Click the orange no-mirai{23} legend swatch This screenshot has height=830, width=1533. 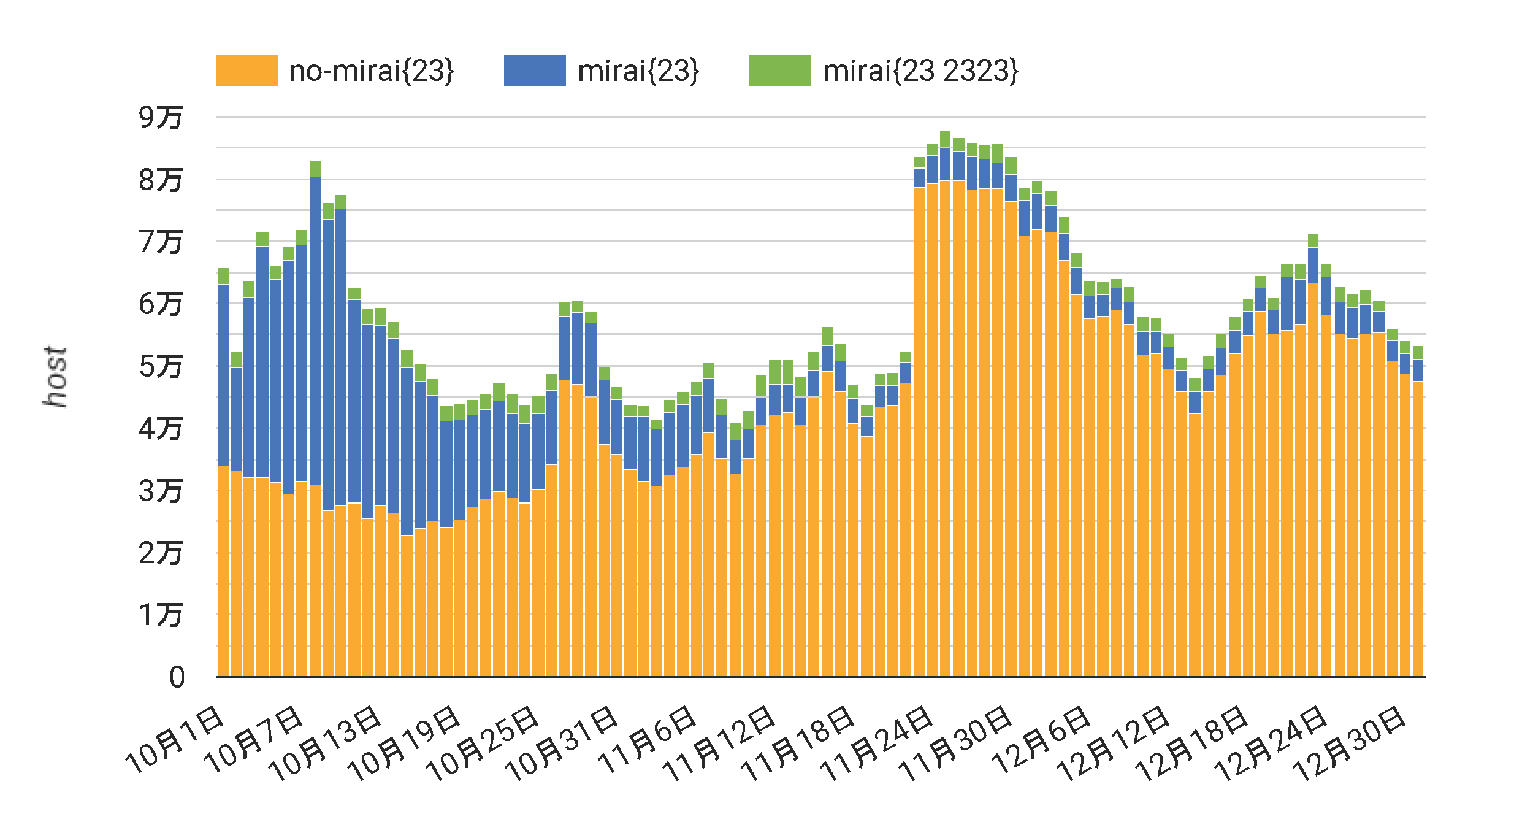247,70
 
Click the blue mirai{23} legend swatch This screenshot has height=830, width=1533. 535,70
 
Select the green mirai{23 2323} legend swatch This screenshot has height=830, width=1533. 780,70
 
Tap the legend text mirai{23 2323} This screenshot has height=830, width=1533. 920,71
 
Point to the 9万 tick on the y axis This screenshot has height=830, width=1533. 160,117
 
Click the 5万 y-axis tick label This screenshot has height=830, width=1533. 160,366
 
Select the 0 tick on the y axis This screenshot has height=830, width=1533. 177,678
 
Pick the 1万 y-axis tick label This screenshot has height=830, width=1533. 160,615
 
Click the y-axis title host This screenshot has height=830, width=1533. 55,376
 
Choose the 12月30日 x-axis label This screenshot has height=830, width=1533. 1349,744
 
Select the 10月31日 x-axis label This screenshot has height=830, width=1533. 561,744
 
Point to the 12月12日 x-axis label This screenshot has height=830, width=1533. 1112,744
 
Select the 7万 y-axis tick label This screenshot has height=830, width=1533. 160,241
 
